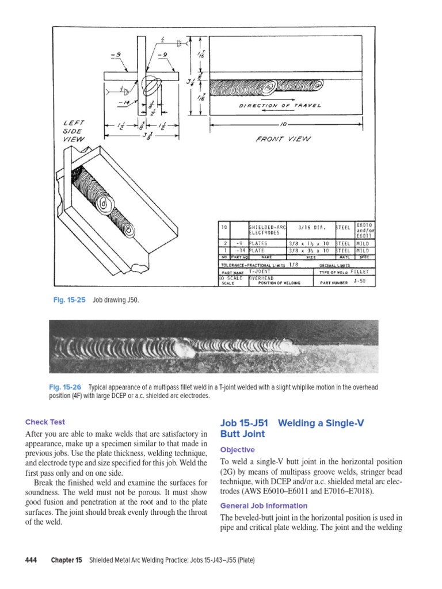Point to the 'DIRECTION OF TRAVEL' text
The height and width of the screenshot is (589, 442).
[x=280, y=106]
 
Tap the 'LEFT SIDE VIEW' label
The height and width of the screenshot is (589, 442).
[x=73, y=131]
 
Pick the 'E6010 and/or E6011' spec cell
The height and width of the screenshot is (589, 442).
[x=365, y=230]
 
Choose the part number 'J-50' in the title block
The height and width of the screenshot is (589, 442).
[x=360, y=281]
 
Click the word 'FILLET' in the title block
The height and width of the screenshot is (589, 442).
[x=360, y=271]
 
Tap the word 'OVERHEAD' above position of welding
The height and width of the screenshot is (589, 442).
[x=262, y=278]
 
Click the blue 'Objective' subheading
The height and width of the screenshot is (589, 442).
[x=237, y=449]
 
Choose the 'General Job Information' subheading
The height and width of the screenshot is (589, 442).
[x=264, y=506]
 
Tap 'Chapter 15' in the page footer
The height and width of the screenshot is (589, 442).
[x=67, y=560]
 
